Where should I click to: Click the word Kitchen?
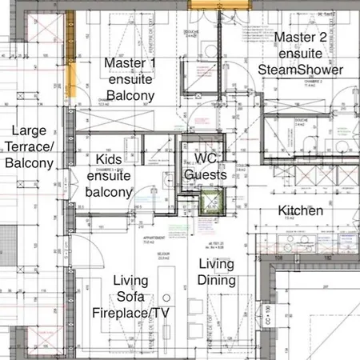point(300,211)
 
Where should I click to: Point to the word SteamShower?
point(302,70)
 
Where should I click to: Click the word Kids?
point(108,160)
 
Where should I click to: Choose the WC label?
point(206,158)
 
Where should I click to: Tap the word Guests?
point(206,174)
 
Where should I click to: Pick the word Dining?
point(216,280)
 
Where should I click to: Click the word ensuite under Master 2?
point(302,54)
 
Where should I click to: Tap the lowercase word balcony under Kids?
point(108,192)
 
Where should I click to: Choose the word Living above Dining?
point(216,264)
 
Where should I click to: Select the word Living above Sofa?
point(130,280)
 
